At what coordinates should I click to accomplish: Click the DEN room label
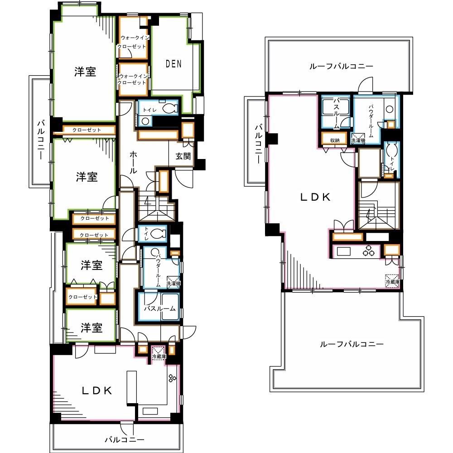[x=173, y=63]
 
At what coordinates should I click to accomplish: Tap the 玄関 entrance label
[x=183, y=156]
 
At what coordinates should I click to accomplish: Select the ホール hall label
[x=133, y=162]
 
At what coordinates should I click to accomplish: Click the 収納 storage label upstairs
[x=335, y=140]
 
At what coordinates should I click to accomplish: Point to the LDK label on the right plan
[x=315, y=197]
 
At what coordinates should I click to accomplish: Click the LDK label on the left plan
[x=97, y=390]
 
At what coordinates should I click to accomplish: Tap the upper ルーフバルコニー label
[x=341, y=66]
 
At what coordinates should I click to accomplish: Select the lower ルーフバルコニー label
[x=352, y=344]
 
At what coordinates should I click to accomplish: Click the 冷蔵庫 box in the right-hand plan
[x=392, y=281]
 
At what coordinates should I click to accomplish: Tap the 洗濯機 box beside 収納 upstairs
[x=358, y=139]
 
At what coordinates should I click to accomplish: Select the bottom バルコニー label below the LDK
[x=124, y=440]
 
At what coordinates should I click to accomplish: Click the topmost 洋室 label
[x=85, y=72]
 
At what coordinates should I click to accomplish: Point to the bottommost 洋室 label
[x=92, y=328]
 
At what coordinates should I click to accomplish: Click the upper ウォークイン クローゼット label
[x=132, y=42]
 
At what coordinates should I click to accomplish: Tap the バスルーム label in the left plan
[x=160, y=308]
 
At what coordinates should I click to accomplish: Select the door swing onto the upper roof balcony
[x=366, y=85]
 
